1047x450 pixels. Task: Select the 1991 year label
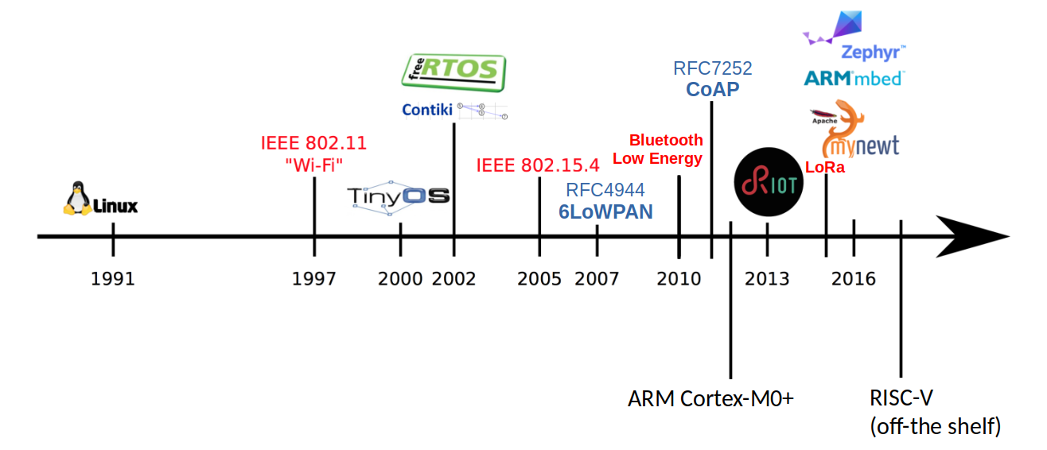point(112,279)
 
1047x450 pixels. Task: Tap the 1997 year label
point(313,279)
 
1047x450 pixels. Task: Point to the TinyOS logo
point(399,197)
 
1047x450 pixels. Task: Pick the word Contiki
point(427,111)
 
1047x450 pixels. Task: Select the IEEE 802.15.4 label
point(538,165)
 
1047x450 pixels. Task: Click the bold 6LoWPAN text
point(605,211)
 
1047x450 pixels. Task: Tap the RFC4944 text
point(605,191)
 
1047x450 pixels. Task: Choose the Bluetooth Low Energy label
point(657,149)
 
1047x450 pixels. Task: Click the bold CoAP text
point(712,89)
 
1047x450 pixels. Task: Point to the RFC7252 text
point(712,68)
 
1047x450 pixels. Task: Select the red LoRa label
point(825,168)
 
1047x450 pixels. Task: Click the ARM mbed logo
point(854,78)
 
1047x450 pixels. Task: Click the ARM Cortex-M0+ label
point(711,398)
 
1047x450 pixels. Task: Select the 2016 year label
point(854,279)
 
